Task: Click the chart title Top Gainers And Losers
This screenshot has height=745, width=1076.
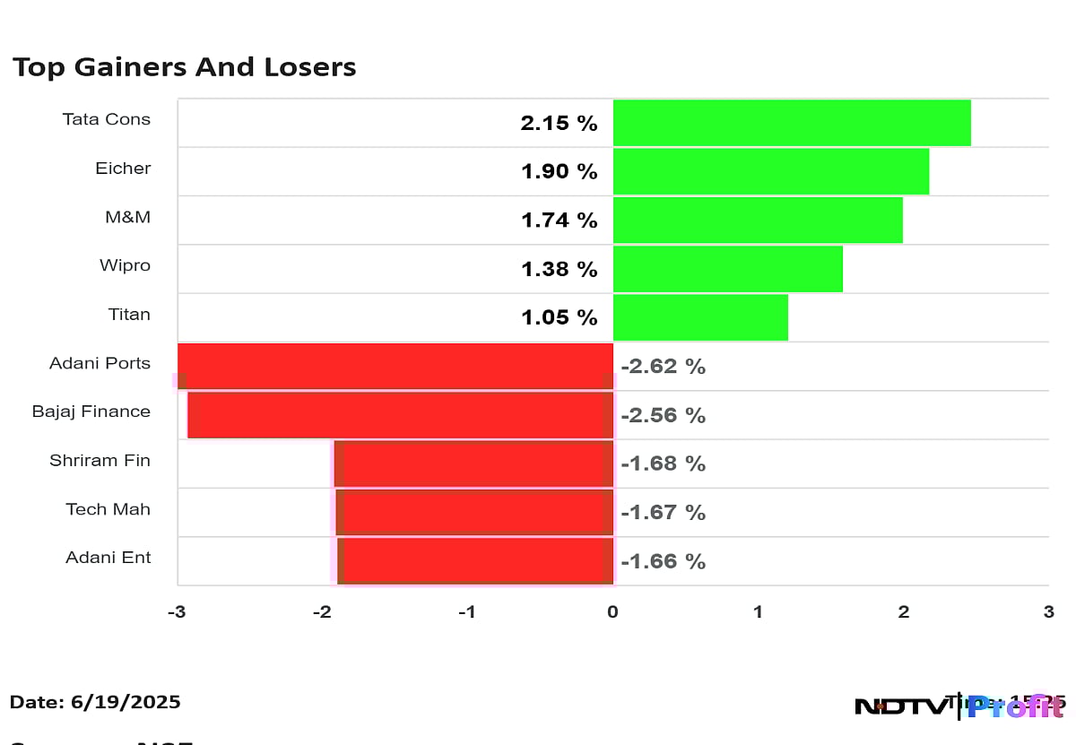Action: [x=184, y=67]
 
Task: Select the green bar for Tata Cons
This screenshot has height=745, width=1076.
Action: [x=791, y=123]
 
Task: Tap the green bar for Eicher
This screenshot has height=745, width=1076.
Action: [x=770, y=171]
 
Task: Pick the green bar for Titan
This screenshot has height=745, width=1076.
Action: [x=699, y=317]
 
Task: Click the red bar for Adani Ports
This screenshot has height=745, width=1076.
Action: [x=395, y=366]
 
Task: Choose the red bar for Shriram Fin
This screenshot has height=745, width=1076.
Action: [x=473, y=463]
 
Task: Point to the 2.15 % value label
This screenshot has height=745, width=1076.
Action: [x=559, y=124]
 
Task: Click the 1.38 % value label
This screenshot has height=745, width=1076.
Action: [x=559, y=269]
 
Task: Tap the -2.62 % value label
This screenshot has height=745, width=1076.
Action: [x=663, y=367]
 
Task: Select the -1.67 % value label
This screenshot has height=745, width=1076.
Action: [x=663, y=513]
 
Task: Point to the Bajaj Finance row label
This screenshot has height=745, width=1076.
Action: [x=91, y=411]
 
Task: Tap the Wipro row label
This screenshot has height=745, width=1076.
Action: [x=125, y=265]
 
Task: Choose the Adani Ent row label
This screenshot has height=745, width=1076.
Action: [x=108, y=558]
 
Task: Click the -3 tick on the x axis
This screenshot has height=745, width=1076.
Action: [x=177, y=612]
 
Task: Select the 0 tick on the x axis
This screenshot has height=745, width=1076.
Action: [x=612, y=612]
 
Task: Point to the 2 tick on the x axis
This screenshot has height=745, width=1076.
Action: [x=903, y=612]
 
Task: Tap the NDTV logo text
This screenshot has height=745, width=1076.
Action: [x=900, y=706]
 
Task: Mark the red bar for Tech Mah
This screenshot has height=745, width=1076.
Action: [x=474, y=512]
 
